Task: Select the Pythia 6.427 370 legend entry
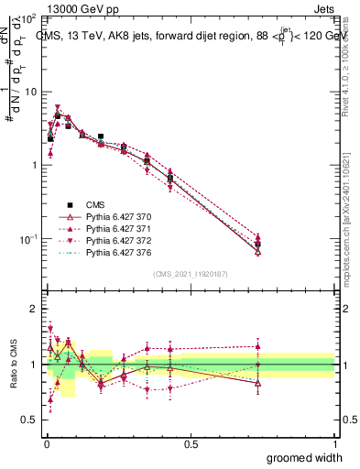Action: coord(115,216)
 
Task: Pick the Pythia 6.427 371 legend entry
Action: coord(115,228)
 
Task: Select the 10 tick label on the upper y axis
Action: coord(30,92)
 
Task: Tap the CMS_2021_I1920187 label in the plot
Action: coord(190,274)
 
